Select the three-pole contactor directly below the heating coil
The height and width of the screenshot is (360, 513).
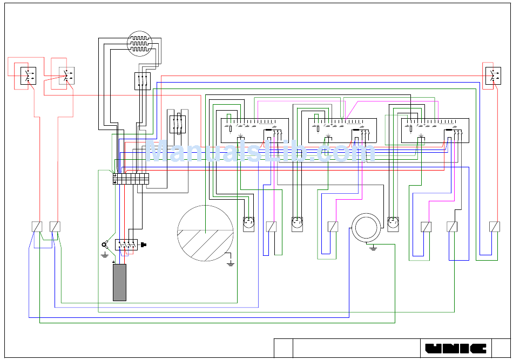143,81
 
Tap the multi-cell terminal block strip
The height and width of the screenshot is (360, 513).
131,179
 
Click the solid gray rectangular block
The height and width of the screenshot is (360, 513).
119,282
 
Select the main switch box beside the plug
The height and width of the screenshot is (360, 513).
126,244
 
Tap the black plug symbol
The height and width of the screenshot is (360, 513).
143,244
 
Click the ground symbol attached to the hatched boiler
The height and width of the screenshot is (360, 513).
231,263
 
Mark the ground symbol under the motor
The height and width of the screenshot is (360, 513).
373,248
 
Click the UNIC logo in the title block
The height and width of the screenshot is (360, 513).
456,349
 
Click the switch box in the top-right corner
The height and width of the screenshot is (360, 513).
493,76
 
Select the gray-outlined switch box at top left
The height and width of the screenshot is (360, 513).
67,76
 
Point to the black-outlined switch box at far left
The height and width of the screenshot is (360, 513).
29,76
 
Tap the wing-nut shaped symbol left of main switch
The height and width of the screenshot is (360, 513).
105,244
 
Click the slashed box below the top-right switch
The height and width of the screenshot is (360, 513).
494,227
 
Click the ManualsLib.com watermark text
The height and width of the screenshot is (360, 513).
260,151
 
